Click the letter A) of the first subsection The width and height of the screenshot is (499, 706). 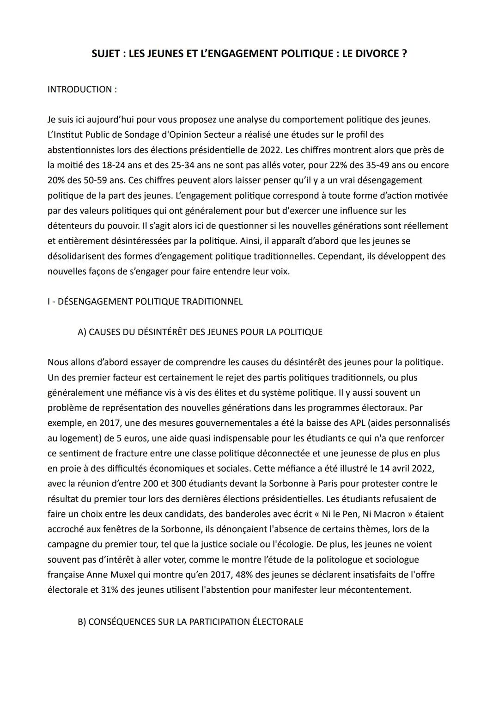[x=82, y=332]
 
